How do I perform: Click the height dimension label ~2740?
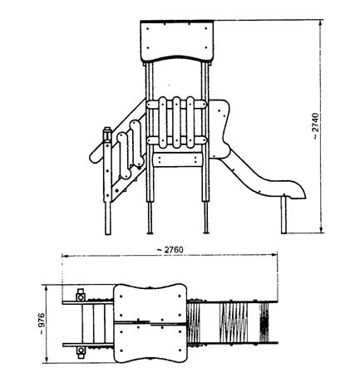[316, 126]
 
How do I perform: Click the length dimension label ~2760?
[170, 250]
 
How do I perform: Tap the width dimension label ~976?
[42, 324]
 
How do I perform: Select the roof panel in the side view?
[177, 42]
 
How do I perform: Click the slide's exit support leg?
[284, 214]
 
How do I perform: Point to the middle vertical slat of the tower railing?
[176, 122]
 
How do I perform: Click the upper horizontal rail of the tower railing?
[176, 105]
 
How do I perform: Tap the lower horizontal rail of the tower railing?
[176, 140]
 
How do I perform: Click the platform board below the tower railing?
[178, 160]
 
